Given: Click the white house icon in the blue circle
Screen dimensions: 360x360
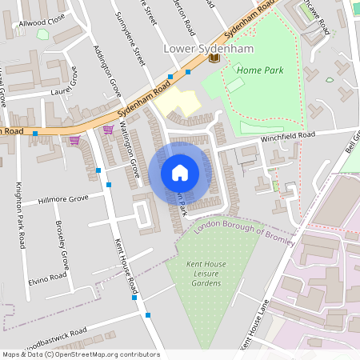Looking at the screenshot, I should (x=180, y=173).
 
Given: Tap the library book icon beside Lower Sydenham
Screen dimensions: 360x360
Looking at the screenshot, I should (x=214, y=58).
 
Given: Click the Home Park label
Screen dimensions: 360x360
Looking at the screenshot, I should (x=259, y=70).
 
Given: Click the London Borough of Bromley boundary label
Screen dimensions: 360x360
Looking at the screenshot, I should (x=245, y=234).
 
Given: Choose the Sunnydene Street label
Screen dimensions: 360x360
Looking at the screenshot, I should (x=131, y=36).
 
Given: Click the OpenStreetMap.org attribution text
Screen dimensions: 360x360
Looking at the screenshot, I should (x=104, y=354).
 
